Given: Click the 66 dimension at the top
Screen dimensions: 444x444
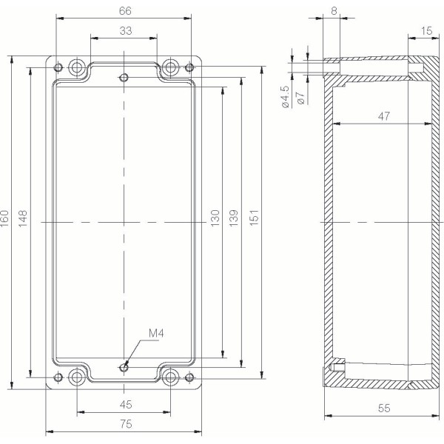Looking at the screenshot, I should coord(124,10).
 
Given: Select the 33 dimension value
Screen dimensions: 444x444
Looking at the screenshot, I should coord(124,30).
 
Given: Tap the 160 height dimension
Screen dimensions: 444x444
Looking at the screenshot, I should coord(6,219).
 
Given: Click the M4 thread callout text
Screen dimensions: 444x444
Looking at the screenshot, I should coord(155,334).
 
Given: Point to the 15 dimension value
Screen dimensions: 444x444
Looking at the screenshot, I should coord(426,30).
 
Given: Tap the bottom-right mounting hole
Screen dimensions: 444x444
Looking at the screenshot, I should coord(171,377).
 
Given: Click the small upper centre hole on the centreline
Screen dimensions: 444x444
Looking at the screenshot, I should coord(124,78).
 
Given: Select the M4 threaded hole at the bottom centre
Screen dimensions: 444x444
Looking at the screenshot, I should coord(124,367).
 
